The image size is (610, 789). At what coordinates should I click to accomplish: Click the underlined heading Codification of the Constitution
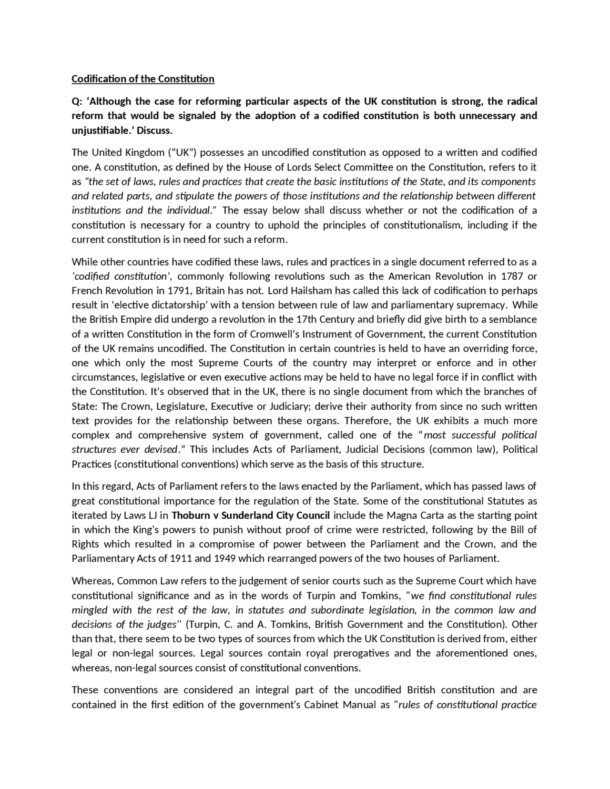pyautogui.click(x=143, y=79)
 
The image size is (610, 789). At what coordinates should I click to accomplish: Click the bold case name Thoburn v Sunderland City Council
pyautogui.click(x=251, y=516)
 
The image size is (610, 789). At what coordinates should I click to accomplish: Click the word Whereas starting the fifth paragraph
pyautogui.click(x=92, y=581)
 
